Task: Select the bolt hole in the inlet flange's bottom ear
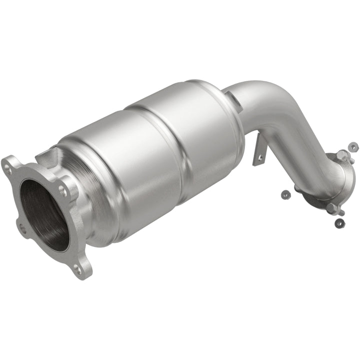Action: click(76, 269)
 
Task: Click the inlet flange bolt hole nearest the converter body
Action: click(62, 190)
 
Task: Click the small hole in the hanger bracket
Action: click(259, 158)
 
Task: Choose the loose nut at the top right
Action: click(353, 146)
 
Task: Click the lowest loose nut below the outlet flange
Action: click(339, 222)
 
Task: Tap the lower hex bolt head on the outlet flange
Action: click(331, 208)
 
